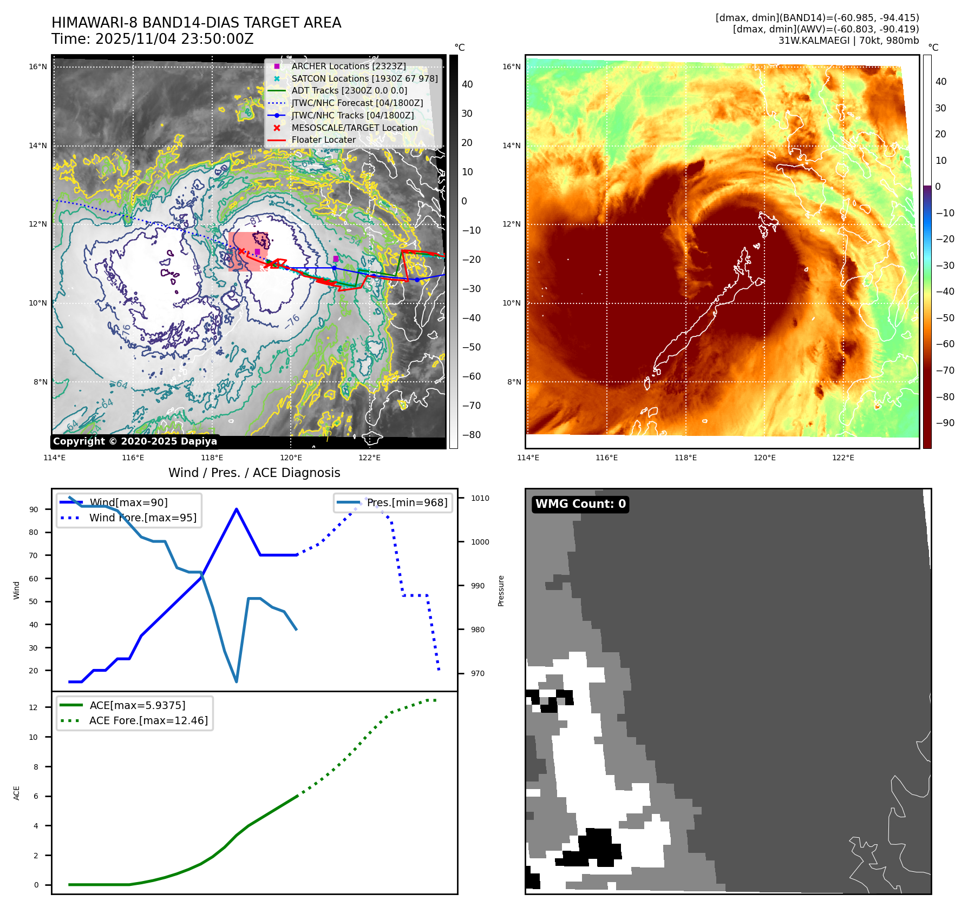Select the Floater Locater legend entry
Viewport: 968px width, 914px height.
click(323, 140)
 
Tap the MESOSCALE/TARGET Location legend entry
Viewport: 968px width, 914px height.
click(354, 128)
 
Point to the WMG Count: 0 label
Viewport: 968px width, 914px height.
click(580, 504)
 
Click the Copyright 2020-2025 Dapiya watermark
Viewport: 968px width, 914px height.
click(135, 441)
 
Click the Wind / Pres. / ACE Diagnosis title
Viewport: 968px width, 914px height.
click(254, 473)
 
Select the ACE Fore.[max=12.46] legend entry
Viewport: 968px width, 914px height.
click(148, 720)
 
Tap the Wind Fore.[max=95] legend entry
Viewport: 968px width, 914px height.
click(142, 518)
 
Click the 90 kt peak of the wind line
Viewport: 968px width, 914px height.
click(237, 509)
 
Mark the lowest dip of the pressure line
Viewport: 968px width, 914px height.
click(237, 681)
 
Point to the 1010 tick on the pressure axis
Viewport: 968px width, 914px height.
click(480, 498)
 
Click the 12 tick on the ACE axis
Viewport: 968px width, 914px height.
click(34, 707)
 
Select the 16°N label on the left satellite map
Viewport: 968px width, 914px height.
click(38, 67)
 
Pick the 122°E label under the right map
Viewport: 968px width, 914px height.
click(843, 458)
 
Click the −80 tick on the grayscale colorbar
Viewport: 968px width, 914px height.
click(471, 435)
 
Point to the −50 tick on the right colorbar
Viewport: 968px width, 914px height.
click(945, 317)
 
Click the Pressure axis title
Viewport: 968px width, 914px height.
click(501, 591)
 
